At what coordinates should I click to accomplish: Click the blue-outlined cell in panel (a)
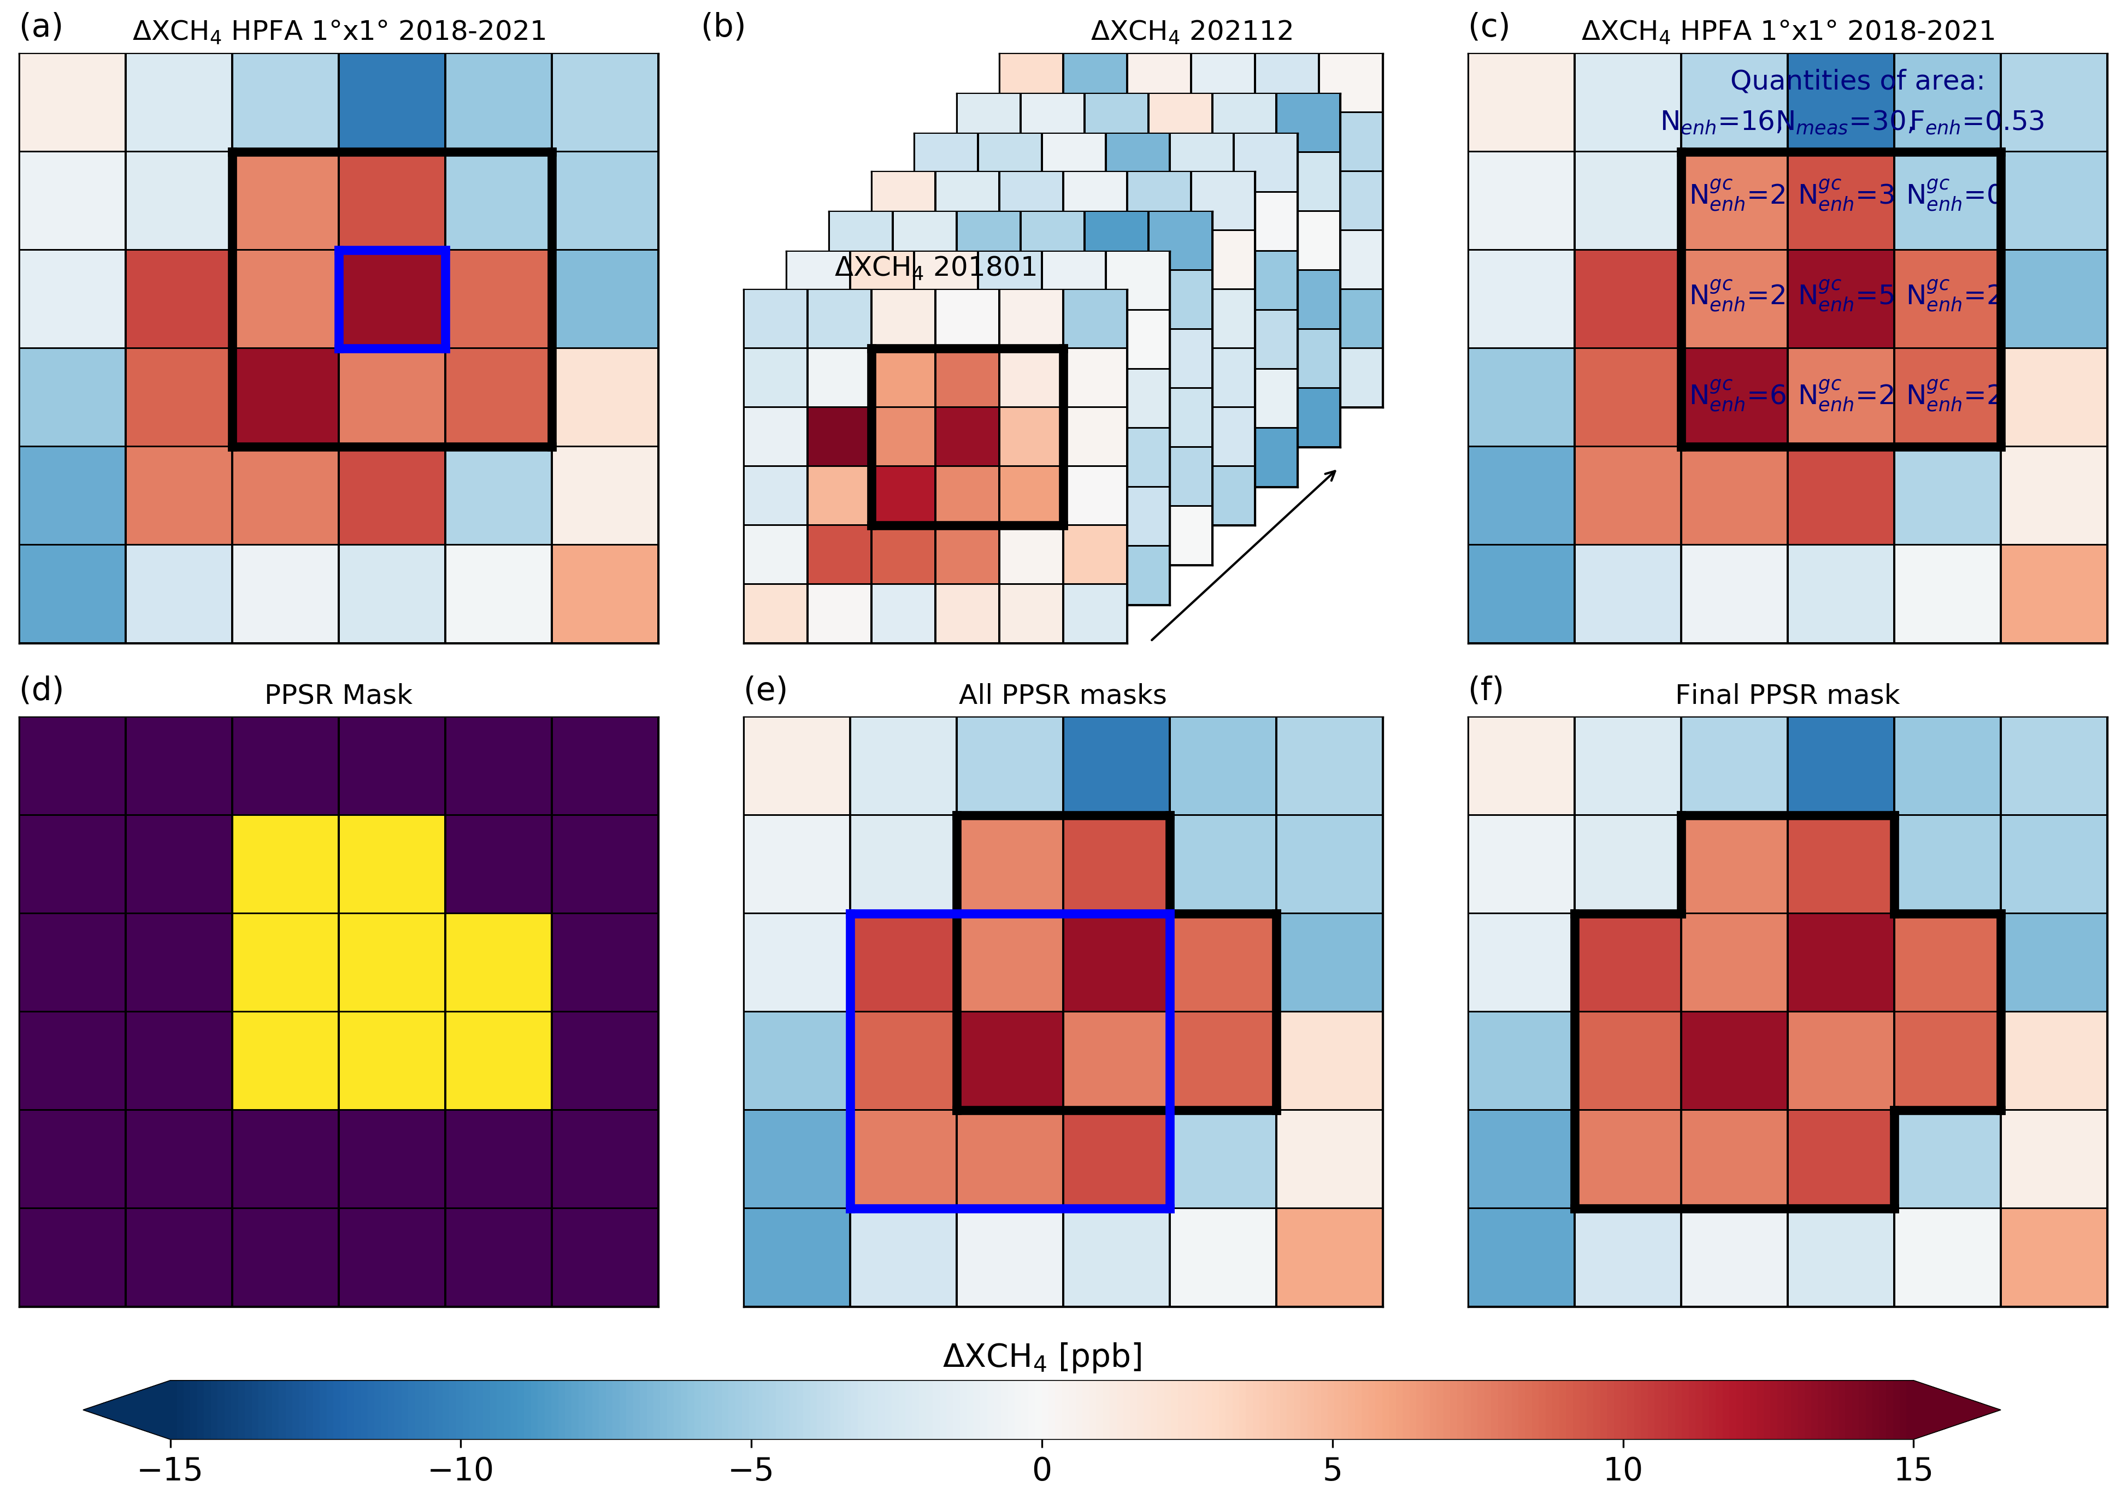[x=392, y=299]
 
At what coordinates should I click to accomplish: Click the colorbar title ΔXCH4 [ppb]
[x=1042, y=1357]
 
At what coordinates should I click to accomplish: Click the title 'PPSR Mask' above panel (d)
[x=338, y=695]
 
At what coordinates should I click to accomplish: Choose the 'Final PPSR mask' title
[x=1787, y=695]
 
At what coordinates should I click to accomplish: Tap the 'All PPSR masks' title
[x=1063, y=695]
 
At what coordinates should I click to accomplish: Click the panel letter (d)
[x=41, y=689]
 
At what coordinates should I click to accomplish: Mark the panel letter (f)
[x=1486, y=689]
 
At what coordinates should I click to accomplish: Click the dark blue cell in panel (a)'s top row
[x=392, y=102]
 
